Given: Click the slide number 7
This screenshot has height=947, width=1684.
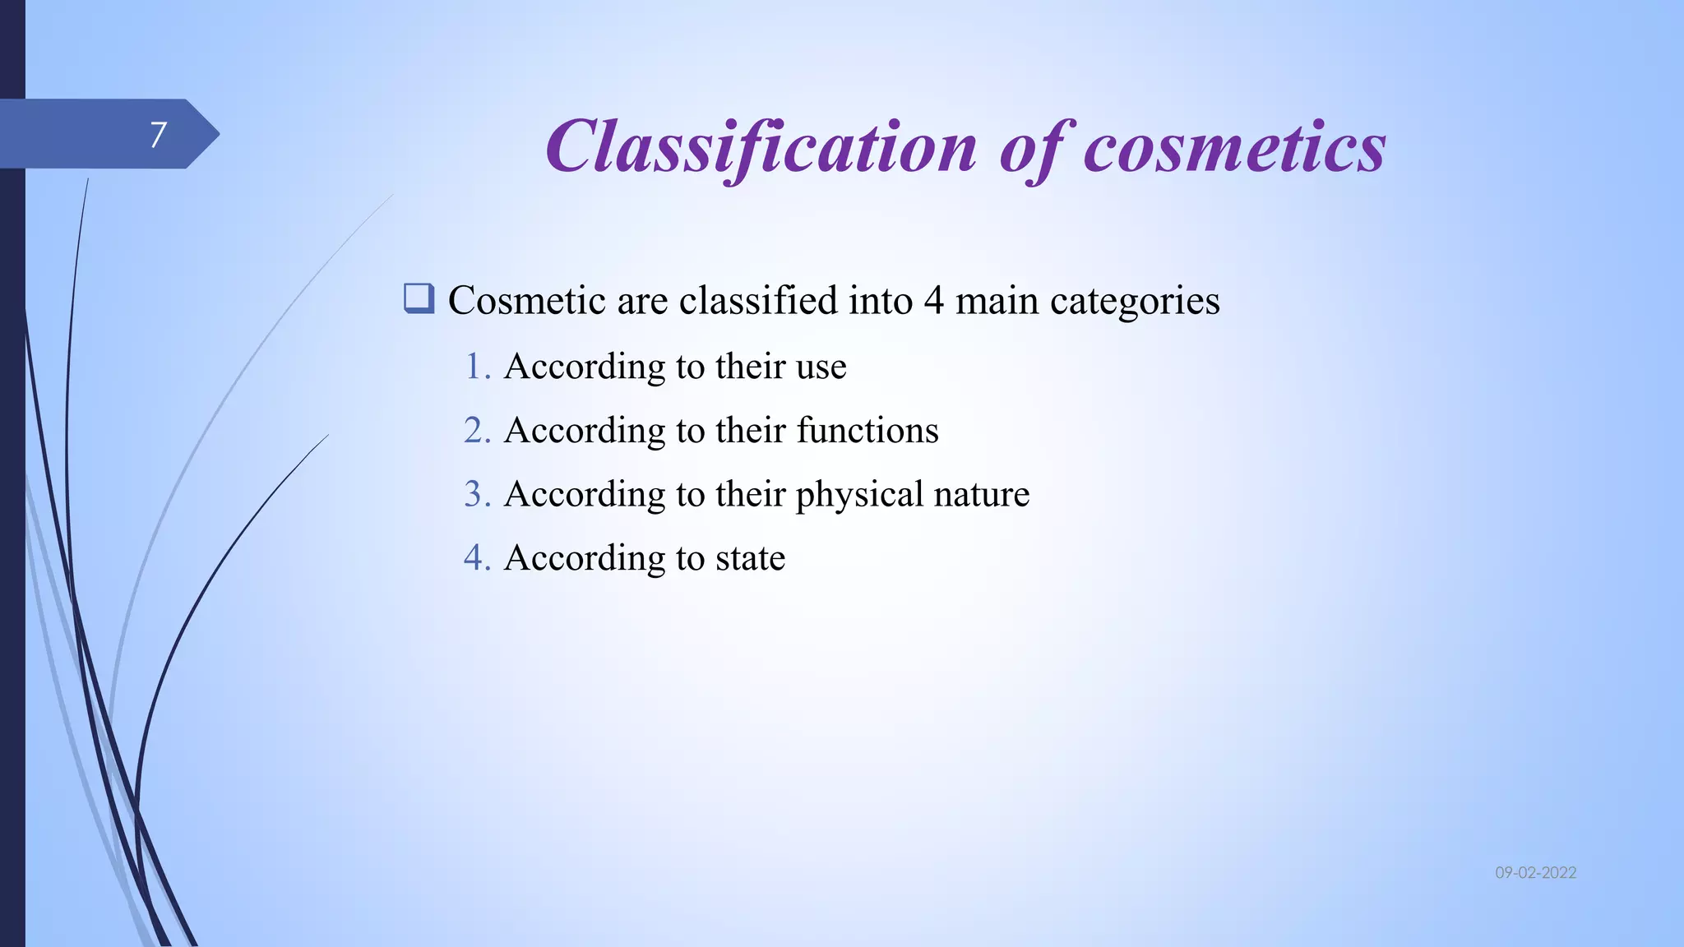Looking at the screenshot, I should (158, 135).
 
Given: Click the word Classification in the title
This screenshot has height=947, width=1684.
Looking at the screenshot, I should (761, 148).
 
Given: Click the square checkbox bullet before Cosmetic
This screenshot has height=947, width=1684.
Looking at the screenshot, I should (419, 298).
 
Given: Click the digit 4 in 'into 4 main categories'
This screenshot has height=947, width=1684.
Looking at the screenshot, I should (933, 301).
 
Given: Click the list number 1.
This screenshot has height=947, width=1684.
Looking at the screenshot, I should (477, 367).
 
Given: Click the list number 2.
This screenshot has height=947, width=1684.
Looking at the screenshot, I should (477, 431).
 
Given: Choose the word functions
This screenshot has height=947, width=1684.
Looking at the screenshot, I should (867, 431).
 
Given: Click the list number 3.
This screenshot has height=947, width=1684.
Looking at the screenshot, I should (477, 494).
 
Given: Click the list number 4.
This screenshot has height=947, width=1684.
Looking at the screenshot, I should (477, 558).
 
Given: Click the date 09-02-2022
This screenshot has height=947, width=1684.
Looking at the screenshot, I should (1535, 873).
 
